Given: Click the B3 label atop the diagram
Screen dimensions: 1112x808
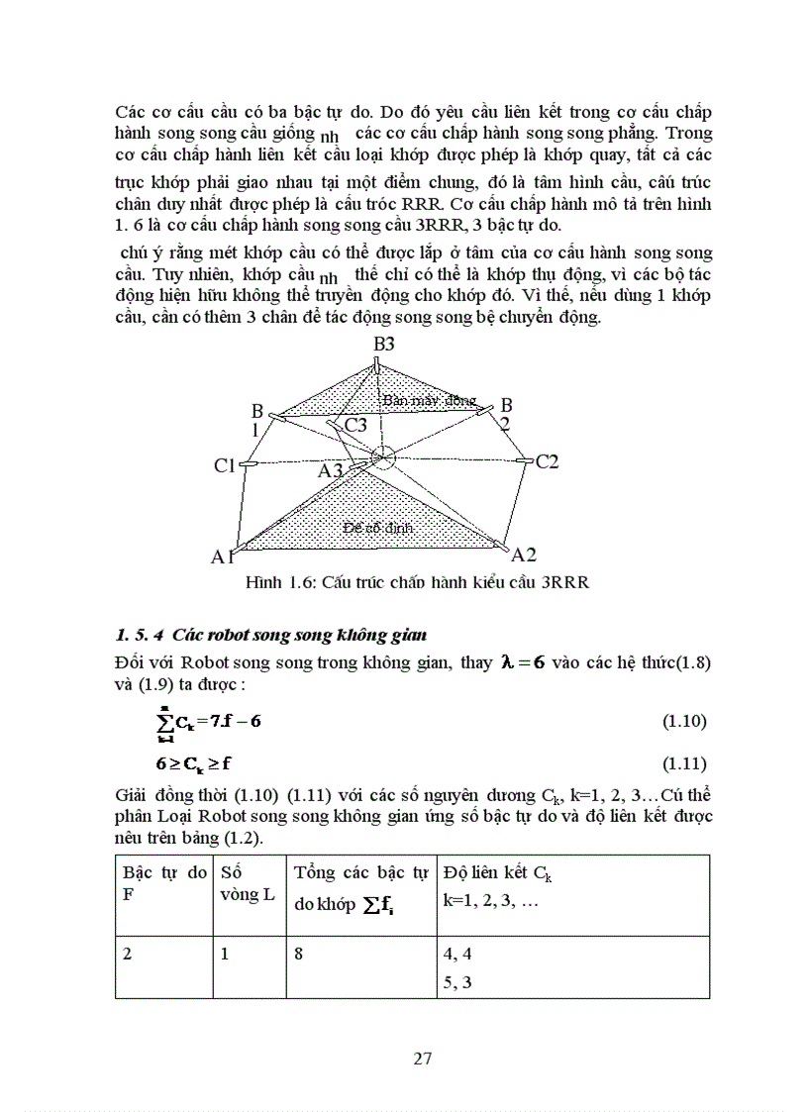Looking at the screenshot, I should [x=383, y=345].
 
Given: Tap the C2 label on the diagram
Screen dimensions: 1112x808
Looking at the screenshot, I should [x=548, y=460].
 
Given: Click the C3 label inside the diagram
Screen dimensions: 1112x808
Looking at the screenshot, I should [x=355, y=425].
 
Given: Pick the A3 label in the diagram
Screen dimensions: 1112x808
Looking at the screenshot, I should [x=331, y=471].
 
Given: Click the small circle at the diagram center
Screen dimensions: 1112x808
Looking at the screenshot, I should [x=383, y=456].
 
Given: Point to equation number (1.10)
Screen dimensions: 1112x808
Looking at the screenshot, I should [x=683, y=721].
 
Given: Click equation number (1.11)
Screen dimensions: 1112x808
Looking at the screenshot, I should [x=683, y=762].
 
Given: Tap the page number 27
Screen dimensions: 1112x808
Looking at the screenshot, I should [x=422, y=1058].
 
